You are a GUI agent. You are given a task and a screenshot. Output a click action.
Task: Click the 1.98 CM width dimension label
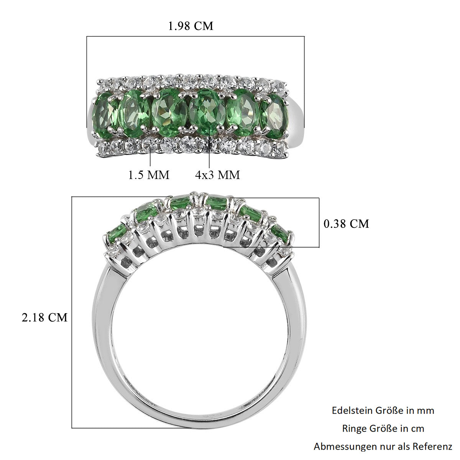coord(191,26)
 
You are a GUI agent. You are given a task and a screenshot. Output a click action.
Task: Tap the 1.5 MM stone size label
coord(149,175)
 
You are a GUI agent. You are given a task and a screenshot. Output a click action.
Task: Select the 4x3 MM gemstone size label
coord(217,175)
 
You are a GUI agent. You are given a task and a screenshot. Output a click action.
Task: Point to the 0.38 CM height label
coord(346,223)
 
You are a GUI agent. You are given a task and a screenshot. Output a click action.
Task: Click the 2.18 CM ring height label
coord(44,317)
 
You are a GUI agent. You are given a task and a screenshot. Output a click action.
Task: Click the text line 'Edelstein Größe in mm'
coord(383,410)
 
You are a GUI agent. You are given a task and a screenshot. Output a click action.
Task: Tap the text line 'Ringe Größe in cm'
coord(383,429)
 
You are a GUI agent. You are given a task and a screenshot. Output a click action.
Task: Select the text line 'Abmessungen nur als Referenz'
coord(383,446)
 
